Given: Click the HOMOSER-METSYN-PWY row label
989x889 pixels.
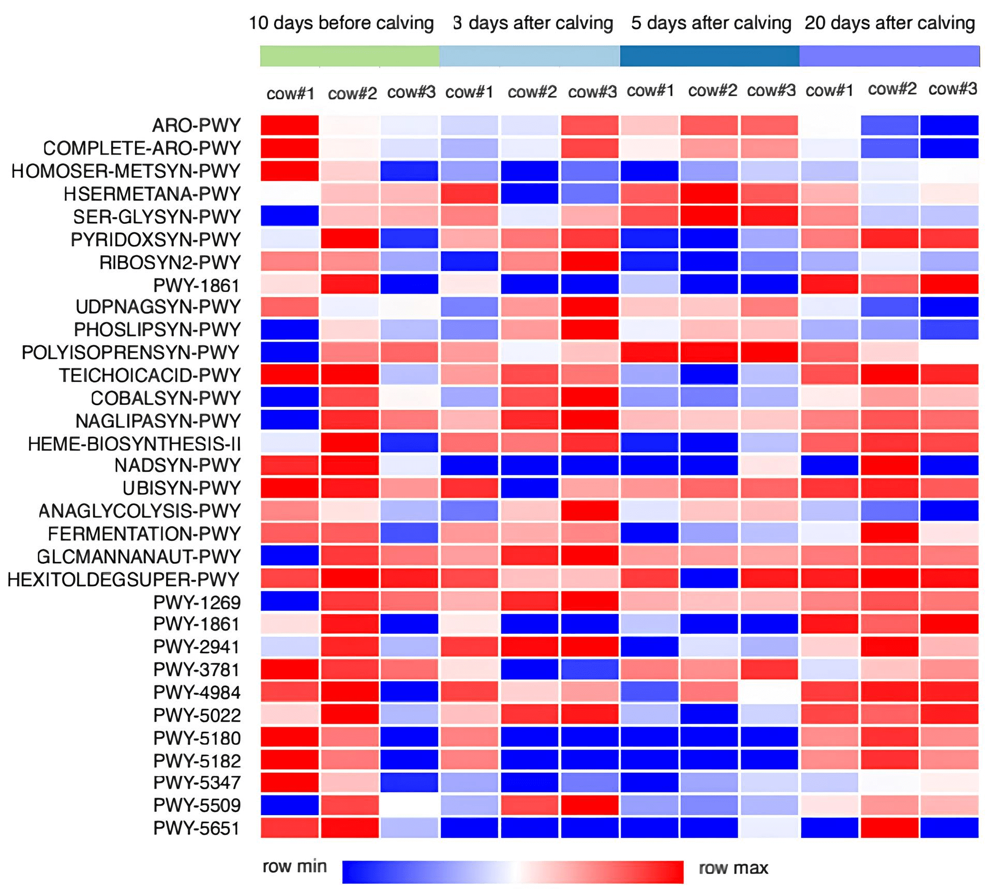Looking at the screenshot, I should [126, 171].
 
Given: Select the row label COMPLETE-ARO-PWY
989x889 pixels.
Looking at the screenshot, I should [142, 148].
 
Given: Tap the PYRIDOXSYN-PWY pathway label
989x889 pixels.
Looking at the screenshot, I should [156, 240].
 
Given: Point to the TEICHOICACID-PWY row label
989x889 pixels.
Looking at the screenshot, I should [149, 375].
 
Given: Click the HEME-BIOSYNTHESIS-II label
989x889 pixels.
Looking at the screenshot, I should [134, 444].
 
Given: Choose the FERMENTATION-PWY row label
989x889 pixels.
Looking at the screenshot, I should [144, 533].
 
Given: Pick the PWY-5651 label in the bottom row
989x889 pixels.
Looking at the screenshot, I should [197, 829].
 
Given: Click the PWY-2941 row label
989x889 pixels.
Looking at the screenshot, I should [197, 647].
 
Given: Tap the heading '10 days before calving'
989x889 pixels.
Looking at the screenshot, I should [341, 23].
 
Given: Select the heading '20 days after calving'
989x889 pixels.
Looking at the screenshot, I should [890, 23].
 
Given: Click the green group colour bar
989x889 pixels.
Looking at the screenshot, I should [350, 56].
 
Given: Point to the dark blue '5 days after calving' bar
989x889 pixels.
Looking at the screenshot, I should [710, 56].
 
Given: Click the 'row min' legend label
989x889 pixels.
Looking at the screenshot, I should [295, 867].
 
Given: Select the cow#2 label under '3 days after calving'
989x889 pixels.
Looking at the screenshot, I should [532, 92].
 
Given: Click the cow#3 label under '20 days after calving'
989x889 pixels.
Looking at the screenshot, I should [953, 89].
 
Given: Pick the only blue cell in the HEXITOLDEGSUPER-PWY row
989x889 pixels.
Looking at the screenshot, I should [709, 578].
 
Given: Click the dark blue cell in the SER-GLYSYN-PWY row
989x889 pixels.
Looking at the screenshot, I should [290, 216].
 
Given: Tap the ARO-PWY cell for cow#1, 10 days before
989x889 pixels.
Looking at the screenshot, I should [290, 125].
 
